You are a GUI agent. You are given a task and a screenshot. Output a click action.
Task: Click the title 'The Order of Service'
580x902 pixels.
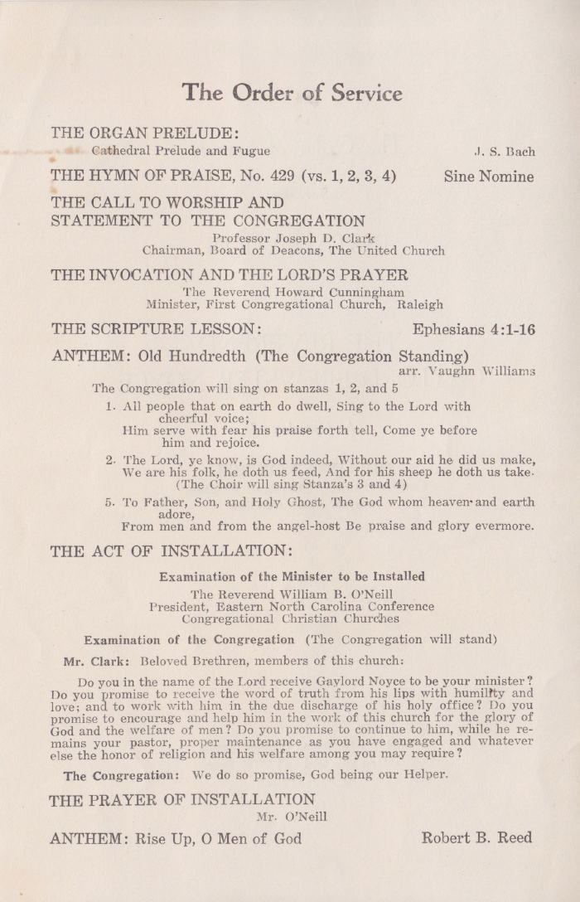tap(292, 92)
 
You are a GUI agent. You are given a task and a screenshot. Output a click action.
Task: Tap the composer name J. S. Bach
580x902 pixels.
tap(504, 152)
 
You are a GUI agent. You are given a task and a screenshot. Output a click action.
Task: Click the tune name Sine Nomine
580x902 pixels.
tap(489, 176)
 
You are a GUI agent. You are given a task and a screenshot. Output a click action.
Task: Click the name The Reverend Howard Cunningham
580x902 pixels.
tap(293, 292)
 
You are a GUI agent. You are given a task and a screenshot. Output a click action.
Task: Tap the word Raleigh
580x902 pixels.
tap(420, 304)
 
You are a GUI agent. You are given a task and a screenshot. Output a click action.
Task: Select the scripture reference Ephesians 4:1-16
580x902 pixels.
tap(473, 329)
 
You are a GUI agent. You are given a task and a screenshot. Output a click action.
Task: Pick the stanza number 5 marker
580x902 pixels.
tap(109, 502)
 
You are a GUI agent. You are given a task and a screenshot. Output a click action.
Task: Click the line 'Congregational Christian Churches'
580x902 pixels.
tap(290, 618)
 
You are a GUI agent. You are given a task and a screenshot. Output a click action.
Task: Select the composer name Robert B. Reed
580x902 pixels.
tap(476, 838)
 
